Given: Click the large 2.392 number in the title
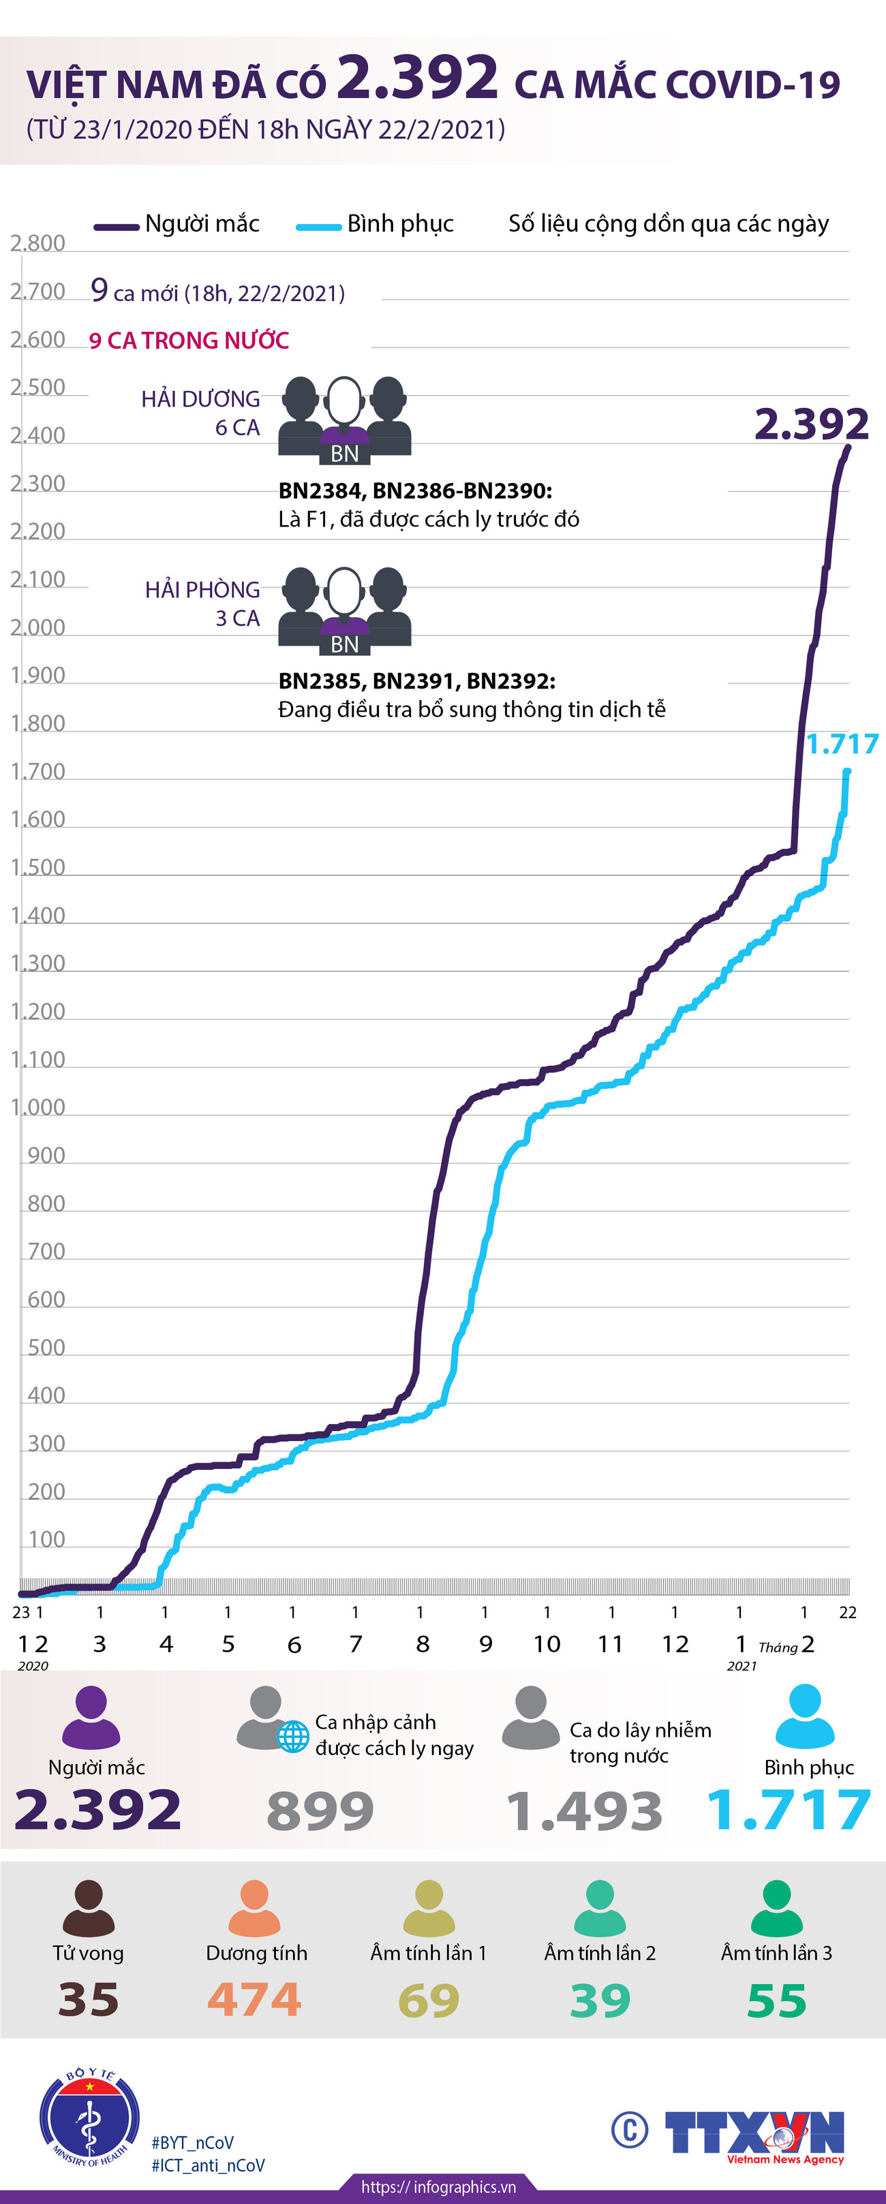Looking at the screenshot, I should [417, 79].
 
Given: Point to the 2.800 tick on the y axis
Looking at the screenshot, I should [37, 243].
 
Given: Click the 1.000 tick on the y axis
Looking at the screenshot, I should [37, 1107].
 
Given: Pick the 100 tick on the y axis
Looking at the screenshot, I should [46, 1539].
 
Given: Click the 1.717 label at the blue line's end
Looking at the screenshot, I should [842, 744].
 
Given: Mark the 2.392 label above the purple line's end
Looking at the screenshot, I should [810, 424].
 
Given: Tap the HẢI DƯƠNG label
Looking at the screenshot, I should [200, 398].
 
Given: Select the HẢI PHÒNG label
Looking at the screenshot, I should [202, 590].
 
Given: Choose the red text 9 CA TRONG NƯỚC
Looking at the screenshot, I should [189, 341].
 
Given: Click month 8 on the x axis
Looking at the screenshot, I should [422, 1643].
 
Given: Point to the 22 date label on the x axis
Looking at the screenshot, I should [847, 1612].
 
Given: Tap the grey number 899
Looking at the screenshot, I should [320, 1810].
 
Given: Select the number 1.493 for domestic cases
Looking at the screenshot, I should [585, 1810].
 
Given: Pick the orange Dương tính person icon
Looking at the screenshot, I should [255, 1908].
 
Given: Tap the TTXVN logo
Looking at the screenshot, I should [753, 2134].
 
